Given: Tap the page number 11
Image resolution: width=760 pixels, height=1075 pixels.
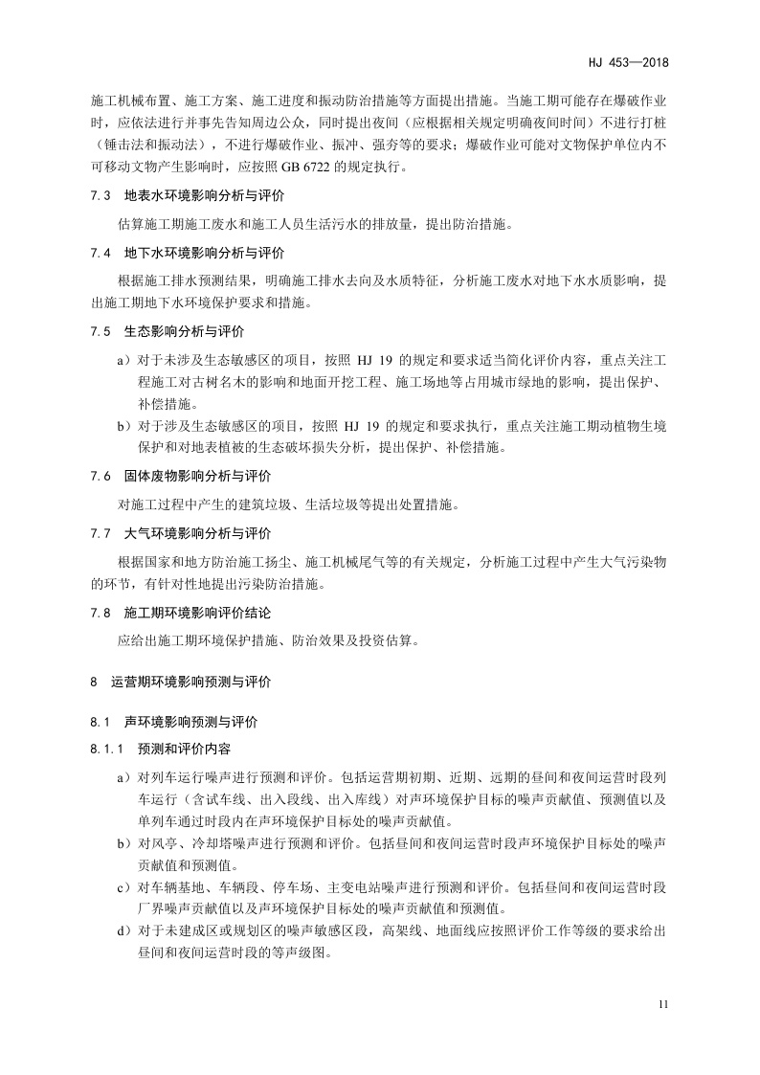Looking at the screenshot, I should point(663,1004).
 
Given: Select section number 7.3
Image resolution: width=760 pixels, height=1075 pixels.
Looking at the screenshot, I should point(101,198).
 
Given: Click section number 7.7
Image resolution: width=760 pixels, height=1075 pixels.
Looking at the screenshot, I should point(101,532).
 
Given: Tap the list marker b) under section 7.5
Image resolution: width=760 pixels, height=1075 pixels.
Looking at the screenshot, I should point(123,424).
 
